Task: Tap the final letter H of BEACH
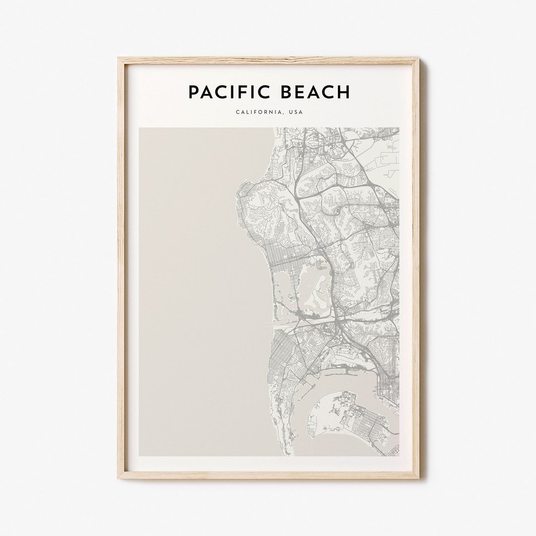344,92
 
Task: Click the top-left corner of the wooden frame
119,59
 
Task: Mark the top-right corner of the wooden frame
418,59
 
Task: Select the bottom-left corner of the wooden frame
119,477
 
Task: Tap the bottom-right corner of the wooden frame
418,477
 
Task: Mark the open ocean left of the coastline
199,288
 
